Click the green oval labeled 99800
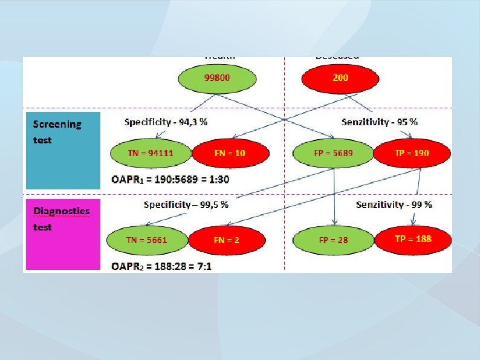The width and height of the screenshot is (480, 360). click(218, 78)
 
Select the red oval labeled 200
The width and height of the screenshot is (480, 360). click(340, 78)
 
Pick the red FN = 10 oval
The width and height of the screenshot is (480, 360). click(230, 154)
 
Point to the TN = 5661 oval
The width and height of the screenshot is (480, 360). click(147, 240)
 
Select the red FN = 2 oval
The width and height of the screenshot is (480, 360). click(227, 240)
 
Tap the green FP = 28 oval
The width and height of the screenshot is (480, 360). click(333, 240)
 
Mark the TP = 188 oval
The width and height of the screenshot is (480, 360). click(413, 239)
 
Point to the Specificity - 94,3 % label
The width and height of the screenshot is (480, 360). click(166, 122)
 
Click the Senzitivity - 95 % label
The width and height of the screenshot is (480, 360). click(379, 122)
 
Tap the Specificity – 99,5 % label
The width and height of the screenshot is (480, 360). click(186, 205)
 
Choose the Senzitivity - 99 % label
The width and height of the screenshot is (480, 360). click(394, 205)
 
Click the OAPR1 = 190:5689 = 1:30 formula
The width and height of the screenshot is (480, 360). click(170, 179)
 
